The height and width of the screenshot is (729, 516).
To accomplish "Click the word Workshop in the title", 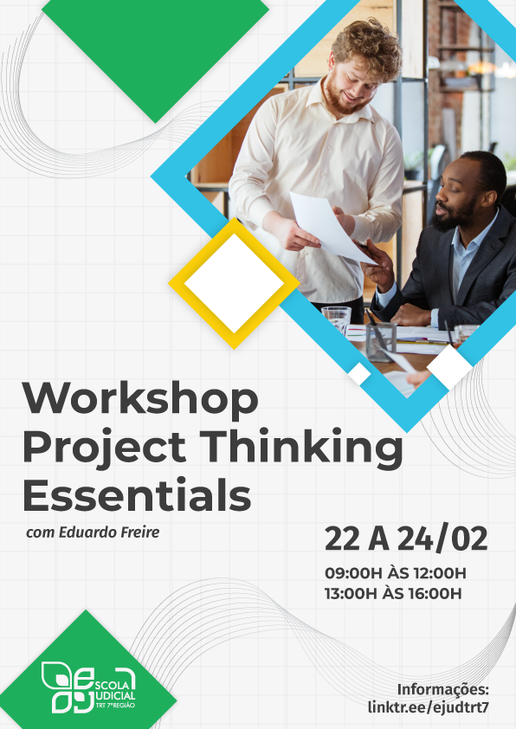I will point(140,400).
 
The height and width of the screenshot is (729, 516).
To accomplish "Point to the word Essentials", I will point(136,495).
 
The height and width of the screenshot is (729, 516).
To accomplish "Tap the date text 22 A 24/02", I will point(406,539).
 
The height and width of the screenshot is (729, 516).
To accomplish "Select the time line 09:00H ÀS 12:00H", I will point(395,573).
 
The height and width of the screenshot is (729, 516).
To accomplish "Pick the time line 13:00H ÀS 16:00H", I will point(393,593).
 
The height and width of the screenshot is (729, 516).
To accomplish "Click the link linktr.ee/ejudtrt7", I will point(428,706).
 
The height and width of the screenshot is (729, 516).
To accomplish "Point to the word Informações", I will point(443,689).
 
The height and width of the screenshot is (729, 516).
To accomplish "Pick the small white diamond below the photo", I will point(450,366).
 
